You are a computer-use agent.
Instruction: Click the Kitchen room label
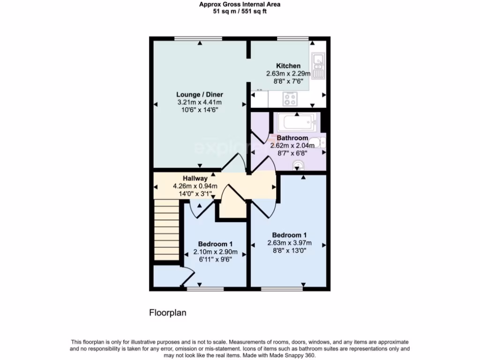tap(288, 66)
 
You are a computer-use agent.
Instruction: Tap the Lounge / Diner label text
tap(196, 95)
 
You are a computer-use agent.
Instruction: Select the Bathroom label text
tap(292, 138)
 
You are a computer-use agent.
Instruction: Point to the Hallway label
tap(195, 178)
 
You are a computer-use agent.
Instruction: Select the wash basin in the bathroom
tap(297, 164)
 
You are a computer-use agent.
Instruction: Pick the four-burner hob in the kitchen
tap(290, 99)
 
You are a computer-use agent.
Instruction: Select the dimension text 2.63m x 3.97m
tap(289, 243)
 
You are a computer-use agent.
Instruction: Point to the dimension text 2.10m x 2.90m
tap(215, 252)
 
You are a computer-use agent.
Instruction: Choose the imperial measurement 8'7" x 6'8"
tap(292, 153)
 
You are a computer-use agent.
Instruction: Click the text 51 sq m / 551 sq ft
tap(240, 12)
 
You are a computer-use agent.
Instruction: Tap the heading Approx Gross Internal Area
tap(240, 5)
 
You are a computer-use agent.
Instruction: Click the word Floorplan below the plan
tap(168, 313)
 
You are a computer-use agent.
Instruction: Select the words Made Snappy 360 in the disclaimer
tap(295, 355)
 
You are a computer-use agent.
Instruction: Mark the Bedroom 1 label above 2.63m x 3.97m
tap(289, 235)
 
